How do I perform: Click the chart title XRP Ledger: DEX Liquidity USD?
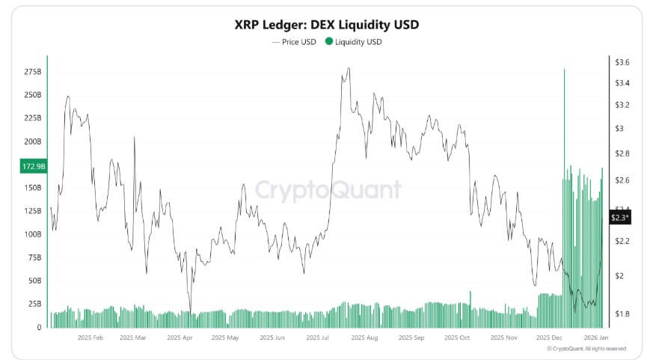pyautogui.click(x=326, y=25)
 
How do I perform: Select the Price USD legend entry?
pyautogui.click(x=296, y=42)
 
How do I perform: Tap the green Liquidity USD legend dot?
pyautogui.click(x=328, y=42)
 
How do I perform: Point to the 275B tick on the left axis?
pyautogui.click(x=32, y=71)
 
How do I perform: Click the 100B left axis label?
pyautogui.click(x=32, y=234)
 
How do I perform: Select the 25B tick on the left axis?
pyautogui.click(x=34, y=304)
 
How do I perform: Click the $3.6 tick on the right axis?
pyautogui.click(x=622, y=62)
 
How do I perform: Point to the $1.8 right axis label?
pyautogui.click(x=622, y=314)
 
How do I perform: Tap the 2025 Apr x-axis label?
pyautogui.click(x=180, y=338)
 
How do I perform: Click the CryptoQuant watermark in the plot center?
pyautogui.click(x=327, y=191)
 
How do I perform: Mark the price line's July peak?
pyautogui.click(x=348, y=70)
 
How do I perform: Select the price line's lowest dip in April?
pyautogui.click(x=190, y=314)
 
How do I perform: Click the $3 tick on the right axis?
pyautogui.click(x=619, y=128)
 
